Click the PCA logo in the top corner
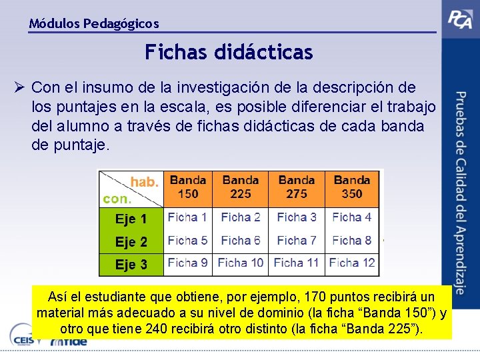[x=460, y=21]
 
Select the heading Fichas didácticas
[x=229, y=52]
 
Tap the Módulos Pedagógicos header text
[x=94, y=24]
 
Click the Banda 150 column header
[x=187, y=187]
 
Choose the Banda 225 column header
[x=241, y=187]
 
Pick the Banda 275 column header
[x=297, y=187]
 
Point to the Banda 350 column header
[x=351, y=187]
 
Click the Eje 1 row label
[x=131, y=219]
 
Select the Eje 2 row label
[x=131, y=241]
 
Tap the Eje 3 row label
[x=131, y=265]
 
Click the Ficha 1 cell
[x=187, y=217]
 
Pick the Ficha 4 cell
[x=351, y=217]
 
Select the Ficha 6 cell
[x=241, y=240]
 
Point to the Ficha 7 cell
[x=297, y=240]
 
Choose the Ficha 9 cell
[x=187, y=263]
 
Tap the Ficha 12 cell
[x=352, y=263]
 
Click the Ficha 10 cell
[x=241, y=263]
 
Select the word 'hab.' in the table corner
[x=145, y=182]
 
